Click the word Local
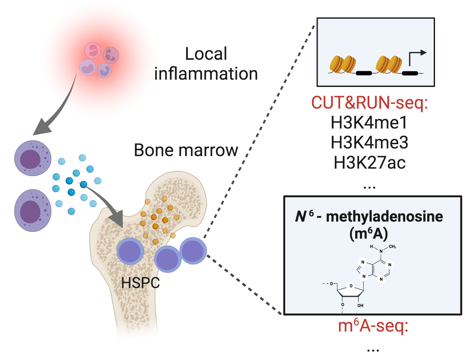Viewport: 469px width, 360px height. click(x=206, y=54)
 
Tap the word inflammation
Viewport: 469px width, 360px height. click(x=206, y=74)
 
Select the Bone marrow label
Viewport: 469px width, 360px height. click(x=186, y=150)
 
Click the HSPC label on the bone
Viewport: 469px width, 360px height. click(x=140, y=283)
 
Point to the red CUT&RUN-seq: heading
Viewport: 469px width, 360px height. click(x=369, y=103)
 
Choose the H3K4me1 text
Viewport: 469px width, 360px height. click(x=369, y=122)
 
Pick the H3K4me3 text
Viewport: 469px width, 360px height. click(x=369, y=142)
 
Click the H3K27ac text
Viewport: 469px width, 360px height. click(x=369, y=162)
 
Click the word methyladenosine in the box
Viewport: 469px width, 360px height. click(x=384, y=217)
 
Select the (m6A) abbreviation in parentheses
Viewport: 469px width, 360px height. click(x=369, y=234)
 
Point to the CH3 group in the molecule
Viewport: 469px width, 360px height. click(x=392, y=247)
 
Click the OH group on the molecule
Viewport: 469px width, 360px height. click(x=360, y=305)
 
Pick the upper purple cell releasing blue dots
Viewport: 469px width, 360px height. click(x=32, y=158)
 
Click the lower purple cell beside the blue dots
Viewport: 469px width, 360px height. click(x=32, y=211)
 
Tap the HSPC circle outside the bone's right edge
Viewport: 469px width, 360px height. click(x=193, y=251)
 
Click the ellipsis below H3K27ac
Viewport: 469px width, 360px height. click(x=369, y=188)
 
